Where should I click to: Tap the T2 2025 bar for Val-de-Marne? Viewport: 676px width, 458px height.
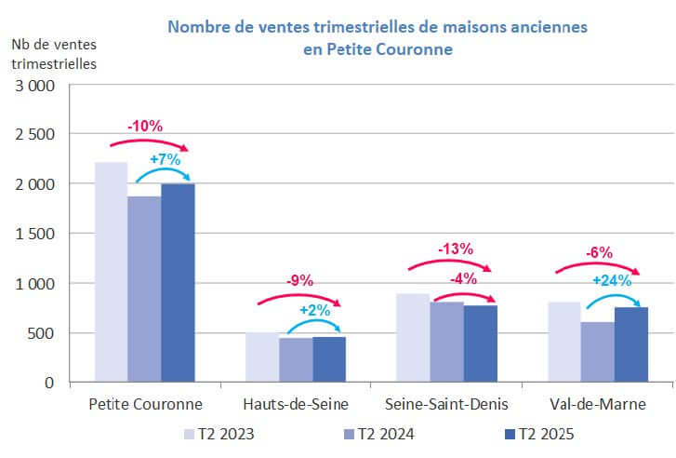click(x=630, y=344)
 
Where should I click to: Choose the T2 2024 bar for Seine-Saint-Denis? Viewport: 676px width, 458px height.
click(x=446, y=342)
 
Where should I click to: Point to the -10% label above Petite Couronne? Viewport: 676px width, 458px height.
click(x=145, y=126)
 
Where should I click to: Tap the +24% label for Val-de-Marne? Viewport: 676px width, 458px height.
click(x=612, y=280)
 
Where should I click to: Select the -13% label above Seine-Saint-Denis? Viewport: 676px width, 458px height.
click(x=455, y=249)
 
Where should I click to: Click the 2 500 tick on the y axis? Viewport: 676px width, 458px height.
click(x=36, y=134)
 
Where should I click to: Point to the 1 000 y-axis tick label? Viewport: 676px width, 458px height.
click(x=36, y=283)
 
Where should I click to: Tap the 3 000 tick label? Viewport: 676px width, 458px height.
click(x=36, y=85)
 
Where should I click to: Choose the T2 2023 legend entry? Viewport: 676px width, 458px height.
click(x=219, y=434)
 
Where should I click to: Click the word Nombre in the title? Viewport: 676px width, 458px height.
click(x=198, y=27)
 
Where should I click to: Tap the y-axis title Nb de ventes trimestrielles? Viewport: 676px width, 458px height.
click(x=54, y=53)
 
